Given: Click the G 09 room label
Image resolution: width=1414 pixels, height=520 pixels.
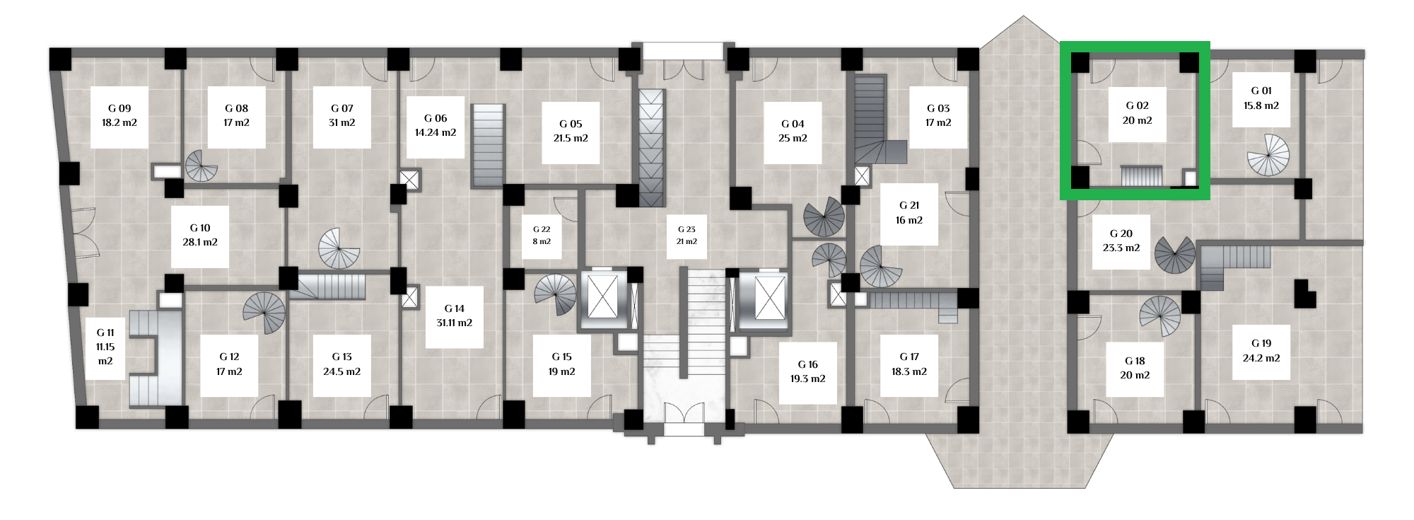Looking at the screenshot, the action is tap(119, 115).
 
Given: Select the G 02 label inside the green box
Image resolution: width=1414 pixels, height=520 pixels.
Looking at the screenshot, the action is tap(1138, 113).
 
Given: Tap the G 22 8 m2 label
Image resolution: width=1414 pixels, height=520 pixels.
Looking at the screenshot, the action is tap(542, 235).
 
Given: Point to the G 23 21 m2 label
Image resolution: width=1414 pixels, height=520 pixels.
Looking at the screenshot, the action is tap(686, 235).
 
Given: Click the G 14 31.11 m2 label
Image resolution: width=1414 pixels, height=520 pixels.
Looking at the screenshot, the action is tap(455, 316).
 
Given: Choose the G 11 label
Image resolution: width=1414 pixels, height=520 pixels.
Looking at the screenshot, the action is tap(105, 347).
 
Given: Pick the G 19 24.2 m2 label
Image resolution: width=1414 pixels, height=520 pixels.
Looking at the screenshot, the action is tap(1261, 351).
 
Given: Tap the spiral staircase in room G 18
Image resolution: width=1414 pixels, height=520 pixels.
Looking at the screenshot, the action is tap(1160, 316).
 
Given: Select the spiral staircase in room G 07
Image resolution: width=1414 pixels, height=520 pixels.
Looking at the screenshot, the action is tap(339, 249).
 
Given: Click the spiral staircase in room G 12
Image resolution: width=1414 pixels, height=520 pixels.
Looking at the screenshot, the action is tap(264, 313).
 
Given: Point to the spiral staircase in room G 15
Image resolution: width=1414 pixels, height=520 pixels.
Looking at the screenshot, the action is tap(556, 295).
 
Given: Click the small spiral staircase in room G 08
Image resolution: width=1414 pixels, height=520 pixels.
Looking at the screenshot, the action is tap(201, 167).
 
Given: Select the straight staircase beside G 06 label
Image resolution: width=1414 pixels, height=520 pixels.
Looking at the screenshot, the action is tap(488, 146).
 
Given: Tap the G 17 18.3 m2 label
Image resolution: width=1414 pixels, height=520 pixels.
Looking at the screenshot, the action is tap(909, 364).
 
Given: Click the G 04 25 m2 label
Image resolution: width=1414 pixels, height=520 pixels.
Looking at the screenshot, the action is tap(793, 131).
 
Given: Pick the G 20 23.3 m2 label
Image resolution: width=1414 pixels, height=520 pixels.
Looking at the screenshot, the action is tap(1121, 241).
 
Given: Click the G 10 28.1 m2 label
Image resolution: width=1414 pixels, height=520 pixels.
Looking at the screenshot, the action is tap(200, 235).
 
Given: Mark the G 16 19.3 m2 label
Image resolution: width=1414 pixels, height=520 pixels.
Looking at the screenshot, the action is tap(808, 371).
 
